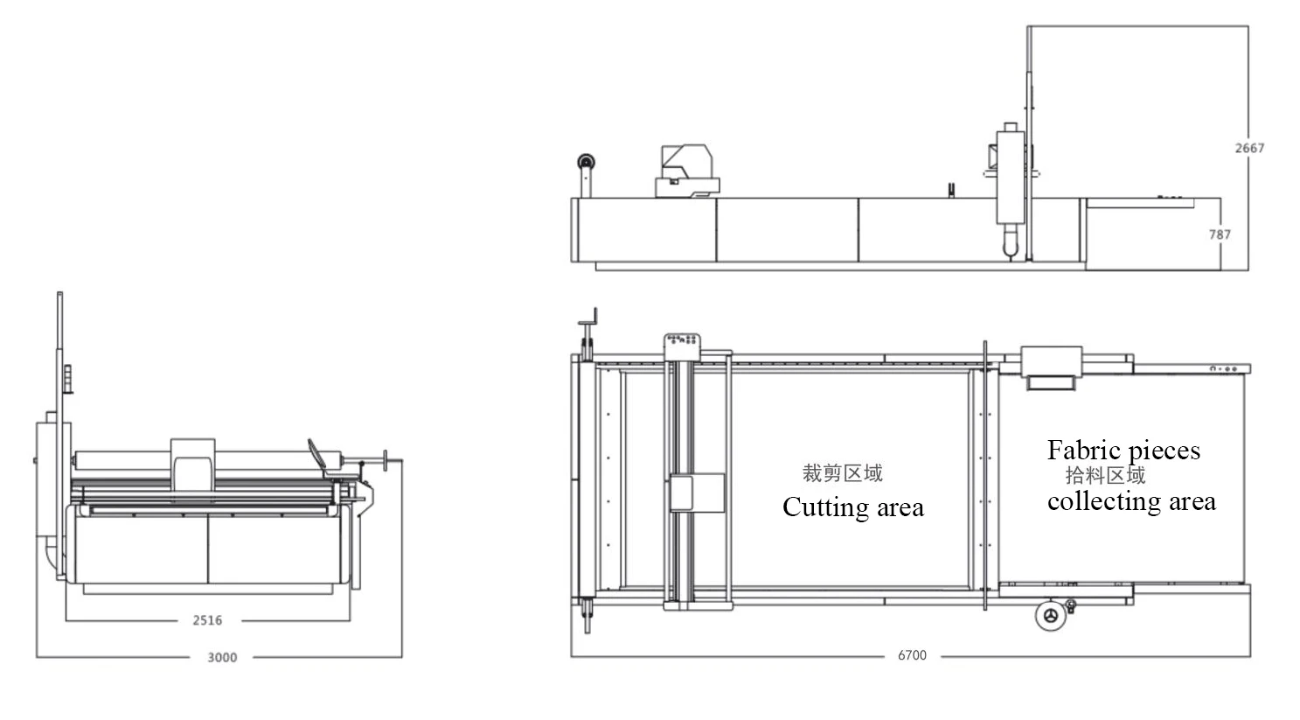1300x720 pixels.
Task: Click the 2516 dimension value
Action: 207,620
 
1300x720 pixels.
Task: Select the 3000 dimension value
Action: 222,657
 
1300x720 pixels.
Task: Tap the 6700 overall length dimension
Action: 912,654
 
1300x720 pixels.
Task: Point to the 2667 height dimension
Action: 1249,148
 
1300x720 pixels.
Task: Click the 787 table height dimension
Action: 1220,234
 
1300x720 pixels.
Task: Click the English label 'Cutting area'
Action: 852,507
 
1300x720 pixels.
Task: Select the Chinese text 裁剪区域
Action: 843,473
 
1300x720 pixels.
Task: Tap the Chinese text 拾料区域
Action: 1105,475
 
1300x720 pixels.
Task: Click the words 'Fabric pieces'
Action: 1123,451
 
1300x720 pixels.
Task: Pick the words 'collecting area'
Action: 1131,501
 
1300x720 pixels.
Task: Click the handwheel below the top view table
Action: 1050,615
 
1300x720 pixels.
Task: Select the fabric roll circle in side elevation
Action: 585,163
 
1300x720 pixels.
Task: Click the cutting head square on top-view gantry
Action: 697,493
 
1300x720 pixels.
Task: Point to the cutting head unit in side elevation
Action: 688,171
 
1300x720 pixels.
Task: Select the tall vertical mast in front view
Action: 60,367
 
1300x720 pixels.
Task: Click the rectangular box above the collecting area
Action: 1052,361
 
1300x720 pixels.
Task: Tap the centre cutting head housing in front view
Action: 192,464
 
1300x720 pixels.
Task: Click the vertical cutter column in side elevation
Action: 1010,184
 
